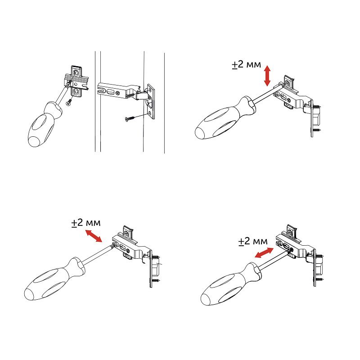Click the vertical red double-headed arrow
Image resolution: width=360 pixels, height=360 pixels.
267,76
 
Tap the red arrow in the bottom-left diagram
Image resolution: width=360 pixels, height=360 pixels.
94,236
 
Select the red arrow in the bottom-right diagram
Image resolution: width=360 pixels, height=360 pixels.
264,253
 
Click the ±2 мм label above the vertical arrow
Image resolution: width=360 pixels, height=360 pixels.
246,64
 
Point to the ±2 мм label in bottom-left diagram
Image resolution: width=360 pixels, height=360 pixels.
86,223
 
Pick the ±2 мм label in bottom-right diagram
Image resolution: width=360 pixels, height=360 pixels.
253,241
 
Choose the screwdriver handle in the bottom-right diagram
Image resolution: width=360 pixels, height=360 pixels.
230,285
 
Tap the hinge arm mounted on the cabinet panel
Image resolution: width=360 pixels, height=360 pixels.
119,90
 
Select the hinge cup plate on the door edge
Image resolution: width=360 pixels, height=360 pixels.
151,101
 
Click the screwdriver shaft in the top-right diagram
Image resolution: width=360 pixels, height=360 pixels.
267,94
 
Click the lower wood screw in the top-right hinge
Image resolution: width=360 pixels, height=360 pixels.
317,130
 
